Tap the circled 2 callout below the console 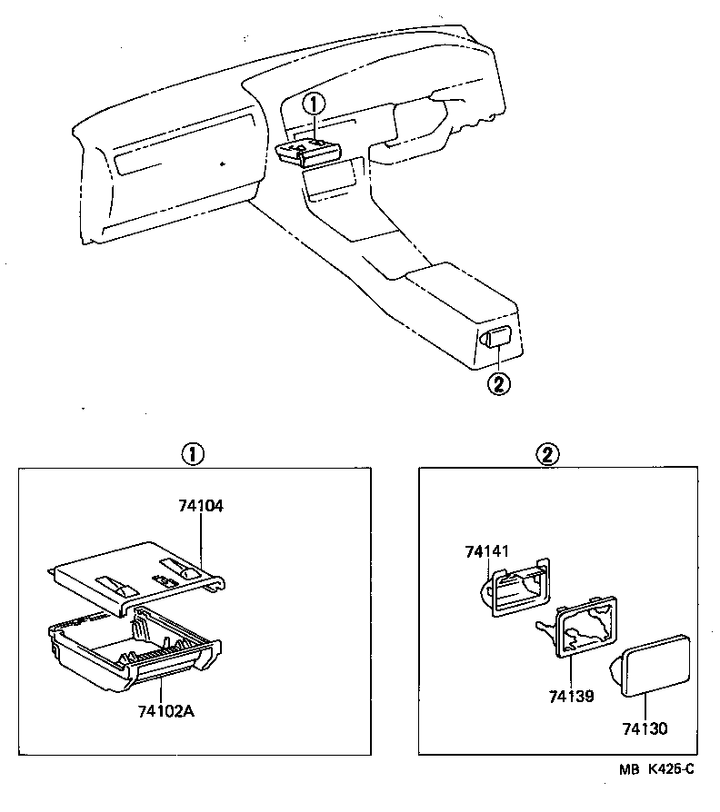tap(498, 383)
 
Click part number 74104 tap(201, 506)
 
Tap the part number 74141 tap(489, 551)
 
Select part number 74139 tap(571, 696)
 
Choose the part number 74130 tap(645, 728)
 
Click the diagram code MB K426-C tap(656, 769)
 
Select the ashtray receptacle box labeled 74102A tap(136, 650)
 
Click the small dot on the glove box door tap(222, 164)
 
